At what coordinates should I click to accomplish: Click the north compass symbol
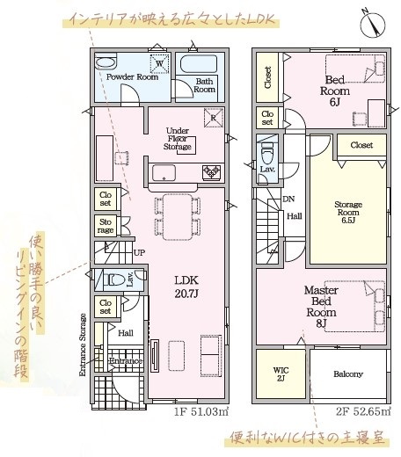(x=373, y=24)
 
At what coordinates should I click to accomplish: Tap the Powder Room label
(x=132, y=77)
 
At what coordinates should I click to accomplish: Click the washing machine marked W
(x=159, y=63)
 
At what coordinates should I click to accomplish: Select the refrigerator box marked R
(x=213, y=118)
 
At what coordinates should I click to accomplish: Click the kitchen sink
(x=164, y=173)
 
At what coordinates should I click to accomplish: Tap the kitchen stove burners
(x=211, y=172)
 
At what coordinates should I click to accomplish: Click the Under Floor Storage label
(x=178, y=139)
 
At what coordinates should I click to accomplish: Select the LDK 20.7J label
(x=186, y=287)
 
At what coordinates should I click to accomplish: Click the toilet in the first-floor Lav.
(x=116, y=279)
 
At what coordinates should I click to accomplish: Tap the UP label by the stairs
(x=139, y=252)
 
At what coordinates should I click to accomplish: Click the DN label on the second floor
(x=288, y=199)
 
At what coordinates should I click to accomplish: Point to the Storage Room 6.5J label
(x=348, y=212)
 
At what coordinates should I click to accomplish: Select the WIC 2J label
(x=281, y=374)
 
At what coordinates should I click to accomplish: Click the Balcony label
(x=348, y=374)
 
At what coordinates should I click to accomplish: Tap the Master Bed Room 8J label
(x=321, y=307)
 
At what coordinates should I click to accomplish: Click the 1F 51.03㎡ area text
(x=201, y=411)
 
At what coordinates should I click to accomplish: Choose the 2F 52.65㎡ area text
(x=363, y=411)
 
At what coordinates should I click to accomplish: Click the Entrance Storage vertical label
(x=83, y=345)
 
